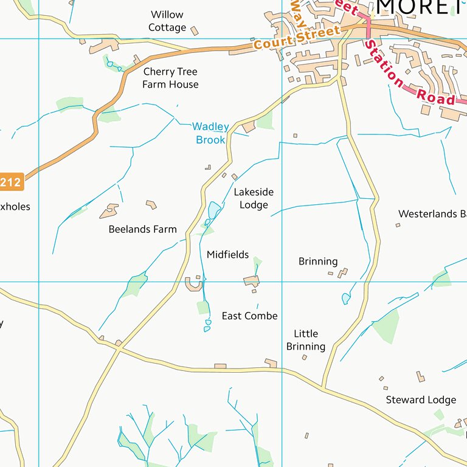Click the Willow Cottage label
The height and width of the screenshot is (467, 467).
[167, 21]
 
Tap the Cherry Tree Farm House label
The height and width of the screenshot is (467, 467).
[170, 78]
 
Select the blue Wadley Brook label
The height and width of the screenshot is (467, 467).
[210, 133]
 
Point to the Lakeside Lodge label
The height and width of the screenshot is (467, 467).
[254, 198]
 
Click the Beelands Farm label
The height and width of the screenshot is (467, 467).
[143, 229]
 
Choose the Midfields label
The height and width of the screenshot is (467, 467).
[227, 255]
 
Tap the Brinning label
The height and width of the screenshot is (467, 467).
[318, 261]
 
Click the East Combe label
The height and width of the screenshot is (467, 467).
[249, 316]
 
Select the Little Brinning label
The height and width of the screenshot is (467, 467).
[306, 340]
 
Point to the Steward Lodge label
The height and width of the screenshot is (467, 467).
[421, 400]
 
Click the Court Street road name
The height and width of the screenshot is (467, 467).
[297, 38]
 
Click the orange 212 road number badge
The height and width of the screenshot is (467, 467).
[10, 182]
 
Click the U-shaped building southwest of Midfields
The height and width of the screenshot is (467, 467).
[193, 284]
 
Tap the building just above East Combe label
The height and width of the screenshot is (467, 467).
[252, 280]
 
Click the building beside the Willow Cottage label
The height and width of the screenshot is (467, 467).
[195, 30]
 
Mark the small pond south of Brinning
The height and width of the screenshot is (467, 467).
[346, 299]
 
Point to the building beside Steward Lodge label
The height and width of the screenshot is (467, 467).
[420, 377]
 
